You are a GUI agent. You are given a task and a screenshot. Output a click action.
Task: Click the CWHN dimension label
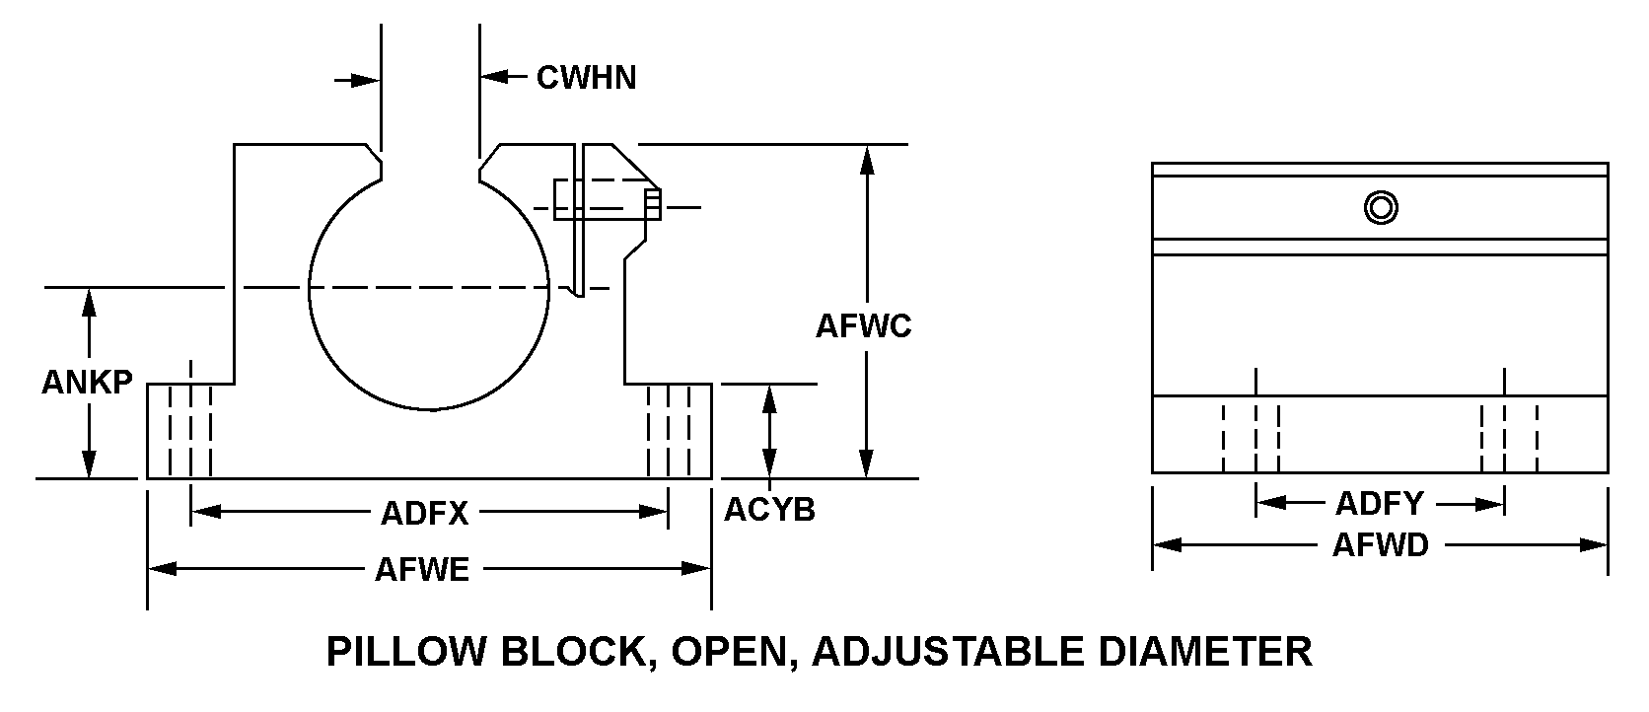(586, 77)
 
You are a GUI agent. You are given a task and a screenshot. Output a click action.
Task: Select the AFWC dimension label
(864, 325)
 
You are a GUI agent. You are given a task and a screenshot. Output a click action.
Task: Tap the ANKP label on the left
(87, 383)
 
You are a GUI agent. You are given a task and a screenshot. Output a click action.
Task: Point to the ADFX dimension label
(425, 513)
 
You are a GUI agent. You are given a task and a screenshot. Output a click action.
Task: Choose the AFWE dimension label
(422, 570)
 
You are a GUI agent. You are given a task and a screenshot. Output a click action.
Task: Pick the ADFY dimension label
(1380, 504)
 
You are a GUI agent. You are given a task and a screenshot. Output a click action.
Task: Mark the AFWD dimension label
(1380, 544)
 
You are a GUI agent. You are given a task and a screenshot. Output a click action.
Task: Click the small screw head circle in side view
(1381, 207)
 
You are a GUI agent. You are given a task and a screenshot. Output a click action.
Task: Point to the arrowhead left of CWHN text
(493, 76)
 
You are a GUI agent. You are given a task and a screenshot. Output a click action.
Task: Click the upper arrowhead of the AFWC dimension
(866, 158)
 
